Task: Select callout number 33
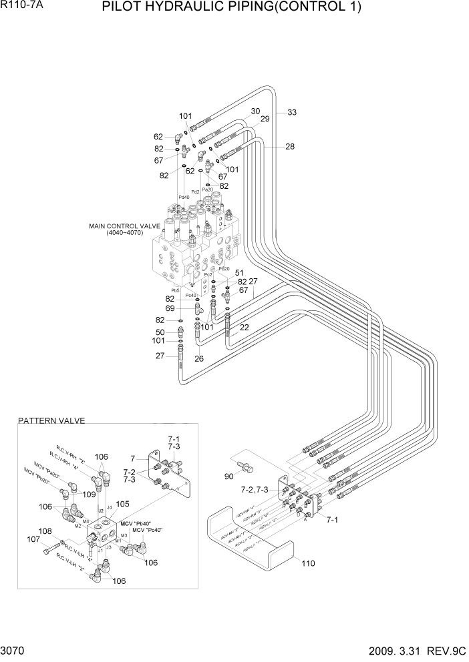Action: coord(292,112)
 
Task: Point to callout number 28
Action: coord(289,147)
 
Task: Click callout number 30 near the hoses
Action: coord(255,111)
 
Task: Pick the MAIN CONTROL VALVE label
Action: coord(124,230)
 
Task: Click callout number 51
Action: coord(239,273)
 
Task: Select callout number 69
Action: coord(170,308)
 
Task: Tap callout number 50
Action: coord(160,332)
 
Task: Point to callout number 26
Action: coord(199,358)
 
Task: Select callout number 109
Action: coord(88,494)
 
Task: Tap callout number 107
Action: coord(33,539)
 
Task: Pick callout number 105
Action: coord(123,504)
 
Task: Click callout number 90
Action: coord(230,476)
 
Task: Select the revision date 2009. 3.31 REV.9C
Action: coord(411,650)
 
